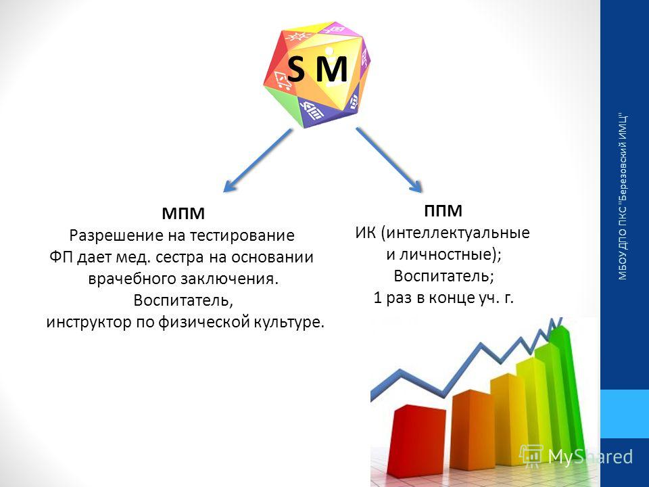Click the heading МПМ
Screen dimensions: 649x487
pos(183,214)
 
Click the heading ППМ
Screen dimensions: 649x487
pos(443,211)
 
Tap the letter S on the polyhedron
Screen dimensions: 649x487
pos(296,70)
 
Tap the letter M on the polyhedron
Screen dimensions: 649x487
pos(331,70)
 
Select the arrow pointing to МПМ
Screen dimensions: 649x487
pos(258,160)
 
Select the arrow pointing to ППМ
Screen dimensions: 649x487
pos(389,160)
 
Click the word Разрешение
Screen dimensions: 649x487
pos(116,235)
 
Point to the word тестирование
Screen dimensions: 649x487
pos(242,235)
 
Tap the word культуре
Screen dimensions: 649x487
pos(289,322)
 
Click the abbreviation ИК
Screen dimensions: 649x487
pos(365,233)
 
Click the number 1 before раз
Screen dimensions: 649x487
pos(377,298)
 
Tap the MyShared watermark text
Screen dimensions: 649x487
pos(590,457)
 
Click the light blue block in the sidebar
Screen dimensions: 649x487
pos(625,414)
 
